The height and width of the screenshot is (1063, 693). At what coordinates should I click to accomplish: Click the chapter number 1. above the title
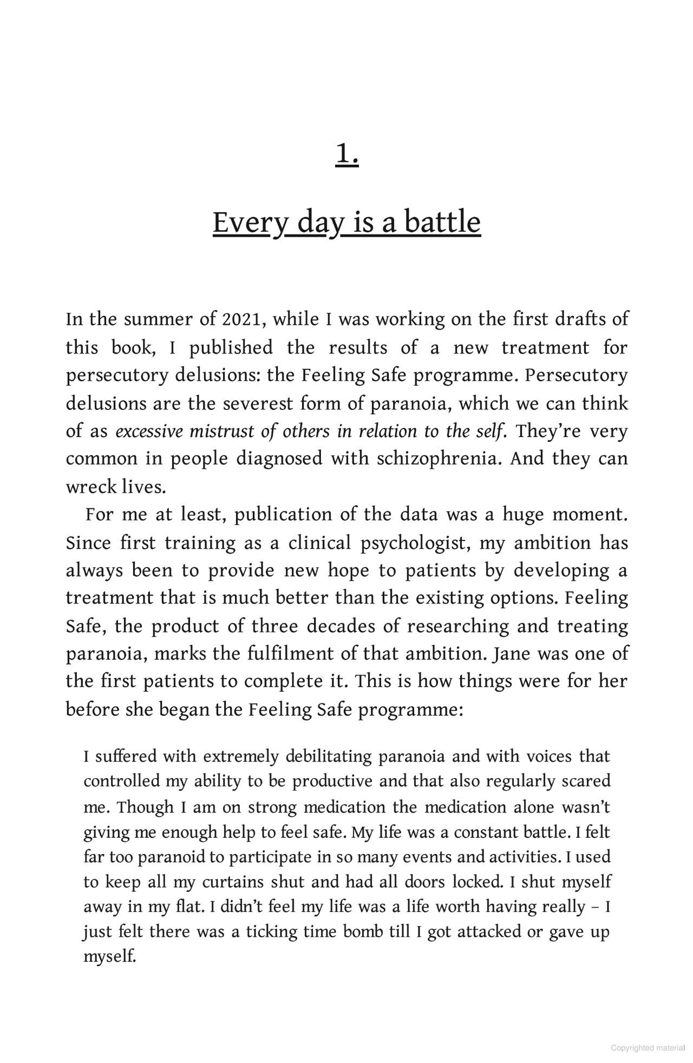tap(347, 154)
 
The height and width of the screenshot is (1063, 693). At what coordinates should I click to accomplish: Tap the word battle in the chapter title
tap(442, 223)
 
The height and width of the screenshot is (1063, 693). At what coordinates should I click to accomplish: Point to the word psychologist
tap(415, 543)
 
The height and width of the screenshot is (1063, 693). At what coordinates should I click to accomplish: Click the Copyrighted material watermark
tap(648, 1048)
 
